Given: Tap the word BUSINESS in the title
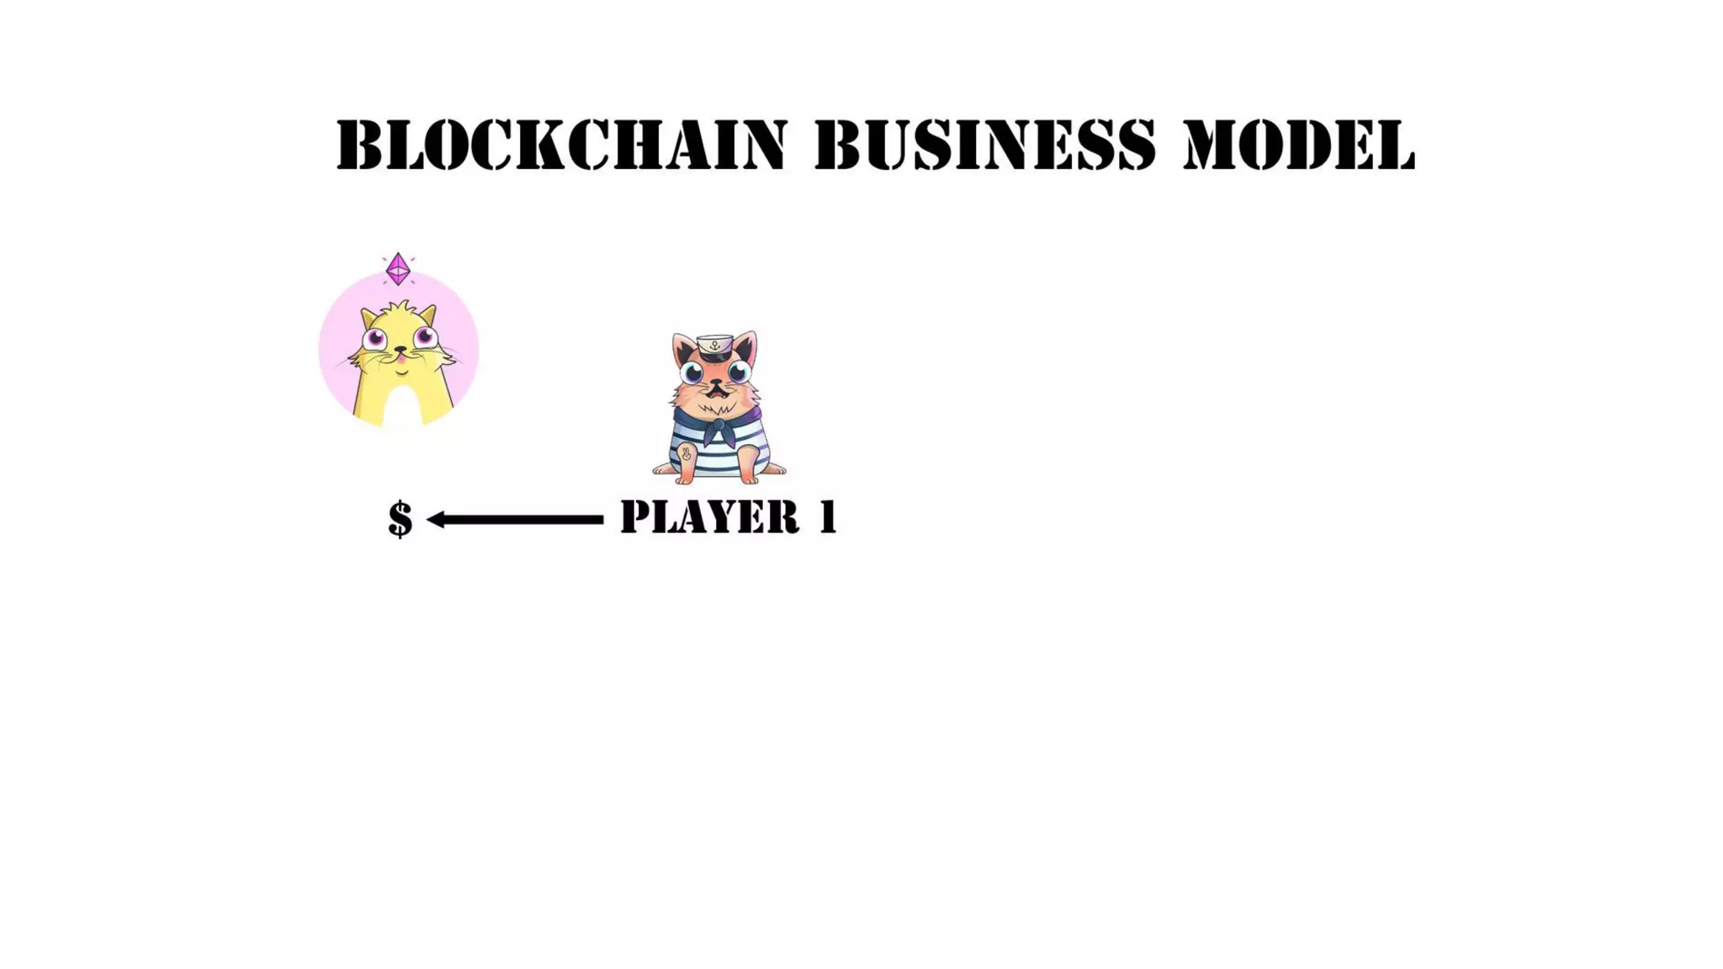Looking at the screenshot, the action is (985, 145).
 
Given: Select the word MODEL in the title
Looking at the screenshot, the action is (1299, 145).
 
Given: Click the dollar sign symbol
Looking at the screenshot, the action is (400, 518).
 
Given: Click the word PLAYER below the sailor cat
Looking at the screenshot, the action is (709, 516).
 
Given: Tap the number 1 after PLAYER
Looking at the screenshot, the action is (829, 516).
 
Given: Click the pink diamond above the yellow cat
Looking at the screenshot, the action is (398, 269).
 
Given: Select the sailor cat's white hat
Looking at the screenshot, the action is (714, 345).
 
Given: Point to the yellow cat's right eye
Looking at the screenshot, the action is (426, 337).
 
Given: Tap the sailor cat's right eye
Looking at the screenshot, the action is (740, 372).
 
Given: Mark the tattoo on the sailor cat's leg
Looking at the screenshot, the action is (686, 454).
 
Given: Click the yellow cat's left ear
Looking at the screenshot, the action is (368, 318).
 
